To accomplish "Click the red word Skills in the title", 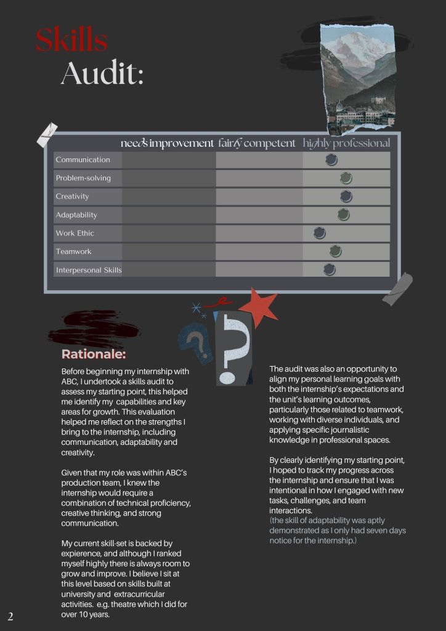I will pyautogui.click(x=71, y=41).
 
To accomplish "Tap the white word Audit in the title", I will pyautogui.click(x=102, y=74).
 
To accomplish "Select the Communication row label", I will pyautogui.click(x=83, y=160).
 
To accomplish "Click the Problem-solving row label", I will pyautogui.click(x=83, y=178).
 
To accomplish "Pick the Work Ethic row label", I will pyautogui.click(x=75, y=234).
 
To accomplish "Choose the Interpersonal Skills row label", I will pyautogui.click(x=88, y=270).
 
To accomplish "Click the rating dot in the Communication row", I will pyautogui.click(x=331, y=160).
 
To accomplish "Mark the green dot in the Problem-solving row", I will pyautogui.click(x=346, y=178).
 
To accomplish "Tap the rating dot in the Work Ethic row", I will pyautogui.click(x=319, y=233).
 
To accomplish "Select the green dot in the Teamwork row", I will pyautogui.click(x=335, y=251).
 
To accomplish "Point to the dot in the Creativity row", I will pyautogui.click(x=346, y=196).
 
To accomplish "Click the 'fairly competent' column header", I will pyautogui.click(x=257, y=144).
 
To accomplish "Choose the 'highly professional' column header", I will pyautogui.click(x=346, y=144).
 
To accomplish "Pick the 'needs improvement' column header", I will pyautogui.click(x=167, y=144).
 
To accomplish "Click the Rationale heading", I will pyautogui.click(x=94, y=355).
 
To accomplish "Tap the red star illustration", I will pyautogui.click(x=259, y=306).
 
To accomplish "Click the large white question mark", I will pyautogui.click(x=235, y=348).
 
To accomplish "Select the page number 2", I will pyautogui.click(x=10, y=617).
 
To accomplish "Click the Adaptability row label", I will pyautogui.click(x=76, y=215).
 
